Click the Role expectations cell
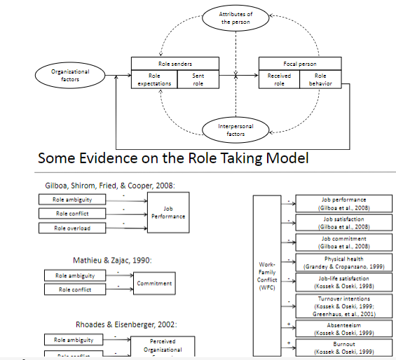(x=154, y=79)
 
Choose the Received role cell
(x=279, y=79)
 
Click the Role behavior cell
(x=320, y=79)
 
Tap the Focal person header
(x=300, y=63)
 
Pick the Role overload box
(x=74, y=228)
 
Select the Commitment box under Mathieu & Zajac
(x=155, y=283)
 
